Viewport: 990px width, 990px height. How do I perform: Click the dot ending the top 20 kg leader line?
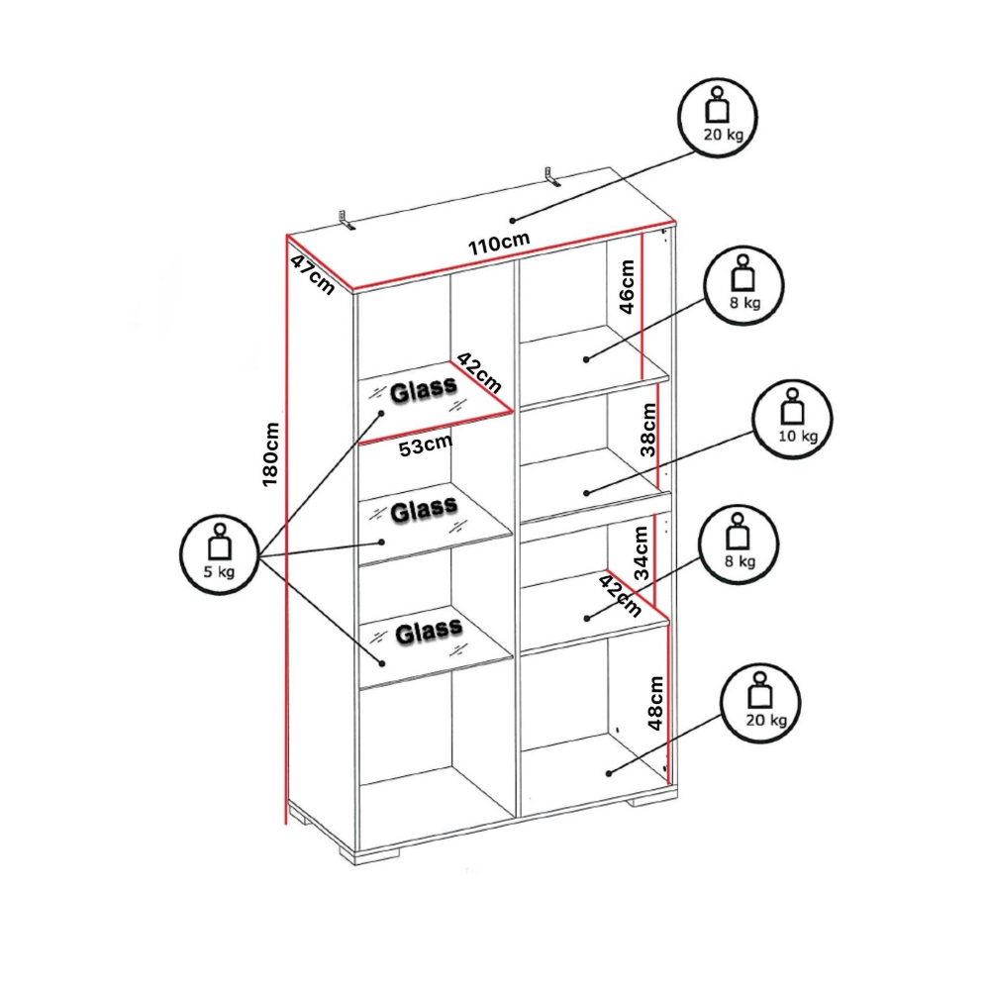(x=513, y=221)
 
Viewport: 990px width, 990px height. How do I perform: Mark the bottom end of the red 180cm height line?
(x=286, y=824)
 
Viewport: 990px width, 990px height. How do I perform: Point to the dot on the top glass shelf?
(x=381, y=414)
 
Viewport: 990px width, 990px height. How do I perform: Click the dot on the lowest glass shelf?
(x=381, y=663)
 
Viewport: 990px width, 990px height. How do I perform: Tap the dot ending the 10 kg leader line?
(x=586, y=492)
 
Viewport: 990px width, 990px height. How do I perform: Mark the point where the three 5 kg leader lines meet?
(x=258, y=555)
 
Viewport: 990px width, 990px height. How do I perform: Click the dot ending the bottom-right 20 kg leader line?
(x=609, y=773)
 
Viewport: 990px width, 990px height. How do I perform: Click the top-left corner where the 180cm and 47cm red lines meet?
(x=287, y=236)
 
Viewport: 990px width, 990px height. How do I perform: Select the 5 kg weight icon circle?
(x=219, y=554)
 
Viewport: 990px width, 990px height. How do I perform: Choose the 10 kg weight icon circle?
(x=792, y=418)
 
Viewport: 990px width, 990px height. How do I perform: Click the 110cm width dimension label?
(x=499, y=244)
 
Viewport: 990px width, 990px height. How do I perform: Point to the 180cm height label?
(x=270, y=454)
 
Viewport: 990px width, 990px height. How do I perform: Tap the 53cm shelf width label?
(x=426, y=445)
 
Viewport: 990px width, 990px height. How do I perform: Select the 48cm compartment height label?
(x=656, y=703)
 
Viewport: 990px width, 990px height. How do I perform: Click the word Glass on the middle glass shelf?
(x=424, y=510)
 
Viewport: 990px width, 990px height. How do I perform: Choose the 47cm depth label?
(x=313, y=274)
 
